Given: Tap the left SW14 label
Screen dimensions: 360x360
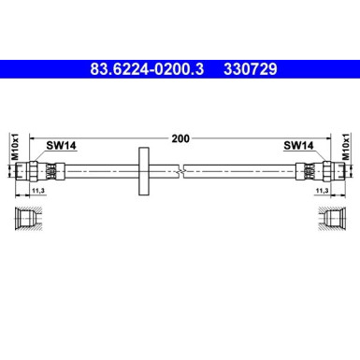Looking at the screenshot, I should point(62,146).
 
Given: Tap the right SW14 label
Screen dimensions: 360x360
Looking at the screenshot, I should point(298,146).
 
